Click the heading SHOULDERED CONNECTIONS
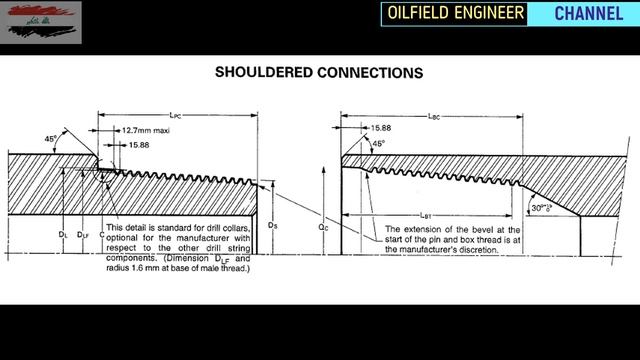pyautogui.click(x=320, y=73)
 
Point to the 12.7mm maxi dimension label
pyautogui.click(x=145, y=130)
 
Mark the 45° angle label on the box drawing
pyautogui.click(x=378, y=143)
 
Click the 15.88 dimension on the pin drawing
pyautogui.click(x=139, y=145)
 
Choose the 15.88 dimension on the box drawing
pyautogui.click(x=381, y=128)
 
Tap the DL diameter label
pyautogui.click(x=62, y=234)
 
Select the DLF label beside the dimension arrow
pyautogui.click(x=85, y=234)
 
